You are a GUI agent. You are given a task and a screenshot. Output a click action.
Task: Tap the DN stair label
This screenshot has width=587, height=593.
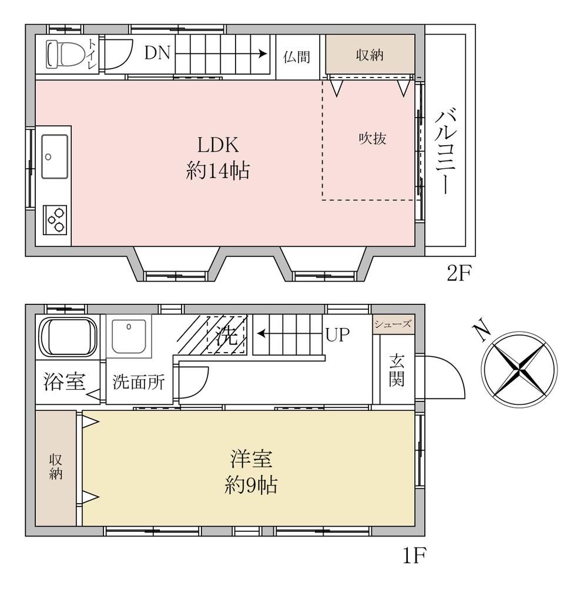coord(157,53)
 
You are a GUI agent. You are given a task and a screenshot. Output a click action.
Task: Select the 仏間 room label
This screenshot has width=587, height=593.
coord(297,57)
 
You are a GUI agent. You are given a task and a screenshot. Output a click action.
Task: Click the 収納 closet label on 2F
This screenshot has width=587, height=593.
coord(370,55)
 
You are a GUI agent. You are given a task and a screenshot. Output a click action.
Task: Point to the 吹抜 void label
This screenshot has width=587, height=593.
coord(373,139)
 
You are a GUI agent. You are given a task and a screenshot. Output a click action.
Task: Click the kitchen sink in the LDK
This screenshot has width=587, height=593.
coord(55,156)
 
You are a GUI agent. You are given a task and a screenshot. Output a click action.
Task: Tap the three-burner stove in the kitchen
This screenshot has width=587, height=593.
coord(55,220)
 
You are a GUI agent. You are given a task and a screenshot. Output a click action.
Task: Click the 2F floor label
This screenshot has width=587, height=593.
coord(459,273)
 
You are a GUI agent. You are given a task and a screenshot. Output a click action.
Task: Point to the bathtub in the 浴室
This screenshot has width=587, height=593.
coord(68,337)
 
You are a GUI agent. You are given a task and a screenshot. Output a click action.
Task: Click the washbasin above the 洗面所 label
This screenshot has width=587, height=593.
coord(129,336)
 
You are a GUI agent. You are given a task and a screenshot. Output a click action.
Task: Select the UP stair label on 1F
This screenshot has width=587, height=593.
coord(338,334)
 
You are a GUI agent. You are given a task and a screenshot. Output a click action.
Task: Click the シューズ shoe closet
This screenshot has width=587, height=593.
coord(393,324)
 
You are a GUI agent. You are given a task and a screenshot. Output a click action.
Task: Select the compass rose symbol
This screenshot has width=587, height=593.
coord(519,370)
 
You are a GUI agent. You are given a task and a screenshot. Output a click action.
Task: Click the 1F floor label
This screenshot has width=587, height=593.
coord(414,555)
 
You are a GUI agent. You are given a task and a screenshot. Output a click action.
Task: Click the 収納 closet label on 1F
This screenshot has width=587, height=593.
coord(56,467)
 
